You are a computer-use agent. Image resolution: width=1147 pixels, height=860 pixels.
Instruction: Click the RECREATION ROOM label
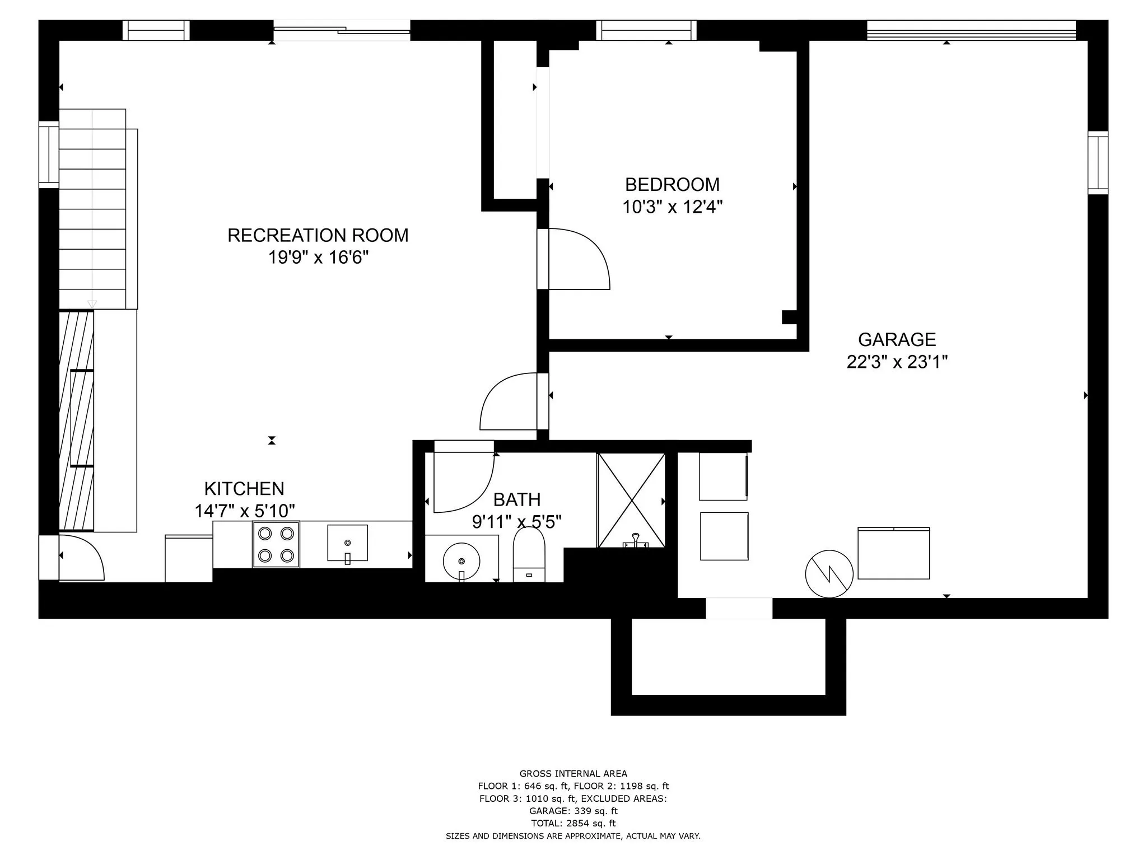click(318, 235)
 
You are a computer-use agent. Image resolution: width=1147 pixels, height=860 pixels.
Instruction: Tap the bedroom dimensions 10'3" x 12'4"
click(672, 207)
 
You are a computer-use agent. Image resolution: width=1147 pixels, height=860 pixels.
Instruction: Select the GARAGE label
click(897, 340)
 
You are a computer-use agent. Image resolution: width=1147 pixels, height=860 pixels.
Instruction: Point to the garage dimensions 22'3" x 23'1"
click(897, 362)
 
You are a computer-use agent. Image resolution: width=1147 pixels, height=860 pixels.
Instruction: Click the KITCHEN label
click(244, 489)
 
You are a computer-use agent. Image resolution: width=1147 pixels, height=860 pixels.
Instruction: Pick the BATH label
click(517, 499)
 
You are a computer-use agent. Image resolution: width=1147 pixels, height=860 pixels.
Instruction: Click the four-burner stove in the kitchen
click(276, 544)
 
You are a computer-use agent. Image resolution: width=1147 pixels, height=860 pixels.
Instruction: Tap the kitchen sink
click(347, 543)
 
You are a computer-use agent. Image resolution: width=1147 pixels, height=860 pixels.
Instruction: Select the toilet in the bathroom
click(529, 554)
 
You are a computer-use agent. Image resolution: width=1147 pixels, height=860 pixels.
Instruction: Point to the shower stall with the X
click(631, 500)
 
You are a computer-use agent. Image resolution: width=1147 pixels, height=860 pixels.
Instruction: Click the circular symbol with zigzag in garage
click(829, 574)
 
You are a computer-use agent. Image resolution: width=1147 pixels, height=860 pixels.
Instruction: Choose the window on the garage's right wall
click(1098, 162)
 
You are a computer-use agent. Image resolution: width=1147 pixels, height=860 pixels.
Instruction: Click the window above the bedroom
click(646, 30)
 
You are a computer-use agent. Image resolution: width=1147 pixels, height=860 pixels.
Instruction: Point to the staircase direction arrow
click(92, 304)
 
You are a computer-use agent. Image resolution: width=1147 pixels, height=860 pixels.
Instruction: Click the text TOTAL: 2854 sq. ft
click(573, 823)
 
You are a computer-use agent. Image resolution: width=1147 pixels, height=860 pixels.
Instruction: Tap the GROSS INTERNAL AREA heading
click(573, 774)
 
